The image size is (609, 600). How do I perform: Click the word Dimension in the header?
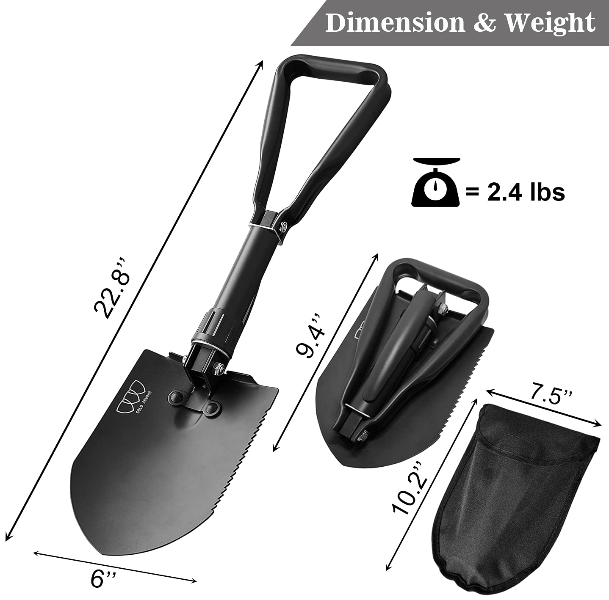395,23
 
